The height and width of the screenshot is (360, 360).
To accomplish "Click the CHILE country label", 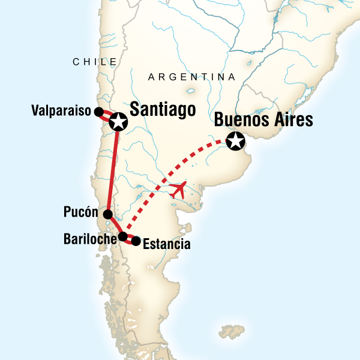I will point(94,62).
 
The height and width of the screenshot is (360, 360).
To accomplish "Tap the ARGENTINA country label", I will point(191,77).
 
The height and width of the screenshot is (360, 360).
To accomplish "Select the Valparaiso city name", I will point(62,111).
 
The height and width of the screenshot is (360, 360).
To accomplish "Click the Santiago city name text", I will point(163,110).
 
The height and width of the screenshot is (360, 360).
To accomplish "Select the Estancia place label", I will point(168,244).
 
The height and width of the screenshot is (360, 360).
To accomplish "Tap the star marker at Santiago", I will point(118,122).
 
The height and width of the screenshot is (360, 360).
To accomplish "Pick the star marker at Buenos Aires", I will point(237,142).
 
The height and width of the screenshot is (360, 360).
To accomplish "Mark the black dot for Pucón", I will point(107,214).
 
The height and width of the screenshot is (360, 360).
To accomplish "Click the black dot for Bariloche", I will point(122,236).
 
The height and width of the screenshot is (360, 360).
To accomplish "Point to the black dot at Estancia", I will point(136,241).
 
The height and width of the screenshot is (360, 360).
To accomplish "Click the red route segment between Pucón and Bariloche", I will point(115,226).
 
